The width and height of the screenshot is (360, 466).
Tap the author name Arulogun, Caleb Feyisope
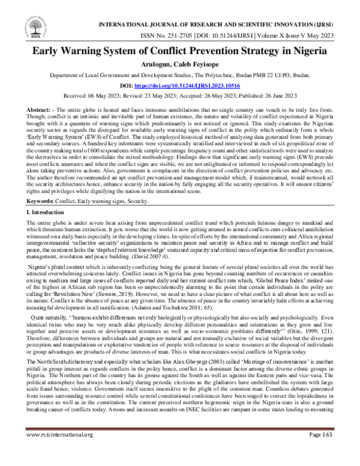(179, 65)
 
